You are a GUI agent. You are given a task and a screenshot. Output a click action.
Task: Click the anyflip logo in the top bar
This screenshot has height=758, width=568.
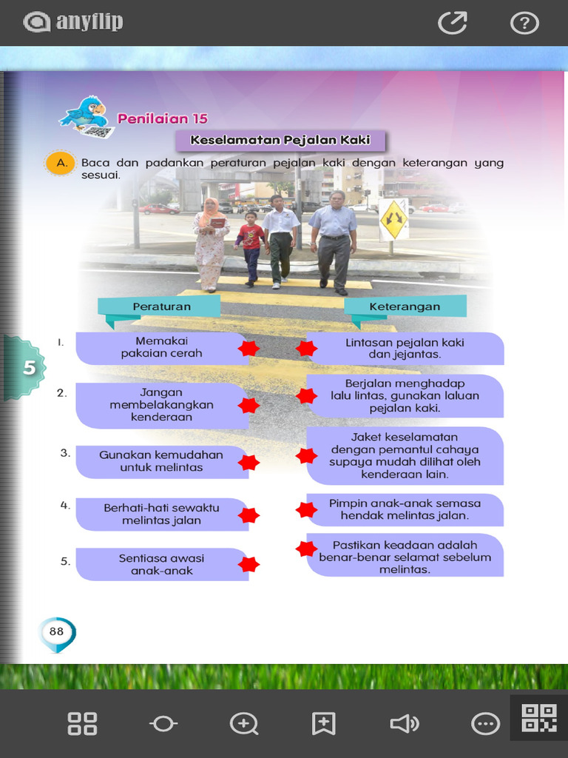coord(73,22)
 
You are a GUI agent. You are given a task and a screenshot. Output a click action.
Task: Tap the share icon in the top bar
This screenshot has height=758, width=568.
coord(453,23)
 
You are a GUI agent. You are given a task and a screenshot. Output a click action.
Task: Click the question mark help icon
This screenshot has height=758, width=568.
coord(524,23)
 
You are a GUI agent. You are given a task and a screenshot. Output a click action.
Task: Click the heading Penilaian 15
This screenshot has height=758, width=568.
coord(162,118)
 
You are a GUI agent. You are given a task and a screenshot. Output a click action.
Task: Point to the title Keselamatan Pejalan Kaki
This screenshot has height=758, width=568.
coord(280,140)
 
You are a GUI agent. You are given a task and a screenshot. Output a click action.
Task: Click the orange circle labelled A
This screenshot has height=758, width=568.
coord(61,163)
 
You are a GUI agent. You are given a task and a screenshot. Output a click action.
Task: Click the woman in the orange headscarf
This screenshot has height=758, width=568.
coord(211,244)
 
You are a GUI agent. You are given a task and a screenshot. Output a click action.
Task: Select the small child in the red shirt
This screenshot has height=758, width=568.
coord(251,249)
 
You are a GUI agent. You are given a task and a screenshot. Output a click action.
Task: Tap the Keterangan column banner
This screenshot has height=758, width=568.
coord(405,308)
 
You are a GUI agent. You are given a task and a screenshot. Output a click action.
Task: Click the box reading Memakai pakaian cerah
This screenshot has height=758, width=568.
coord(162,348)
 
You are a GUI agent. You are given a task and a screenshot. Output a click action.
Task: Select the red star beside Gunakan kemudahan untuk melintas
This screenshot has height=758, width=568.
coord(248,462)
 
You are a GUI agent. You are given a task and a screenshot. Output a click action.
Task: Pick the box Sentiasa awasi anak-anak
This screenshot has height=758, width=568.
coord(162,564)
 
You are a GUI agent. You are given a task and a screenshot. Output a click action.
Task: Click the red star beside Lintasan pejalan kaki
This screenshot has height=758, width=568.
coord(306,348)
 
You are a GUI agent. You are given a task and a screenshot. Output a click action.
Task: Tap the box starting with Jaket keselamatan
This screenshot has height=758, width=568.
coord(405,456)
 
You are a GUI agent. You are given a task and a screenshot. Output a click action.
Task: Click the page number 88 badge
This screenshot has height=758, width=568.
coord(57,633)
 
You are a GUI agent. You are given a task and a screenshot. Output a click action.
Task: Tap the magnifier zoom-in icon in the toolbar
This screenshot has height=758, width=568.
coord(244,724)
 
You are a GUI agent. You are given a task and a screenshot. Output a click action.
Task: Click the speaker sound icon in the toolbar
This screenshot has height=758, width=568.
coord(405,724)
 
